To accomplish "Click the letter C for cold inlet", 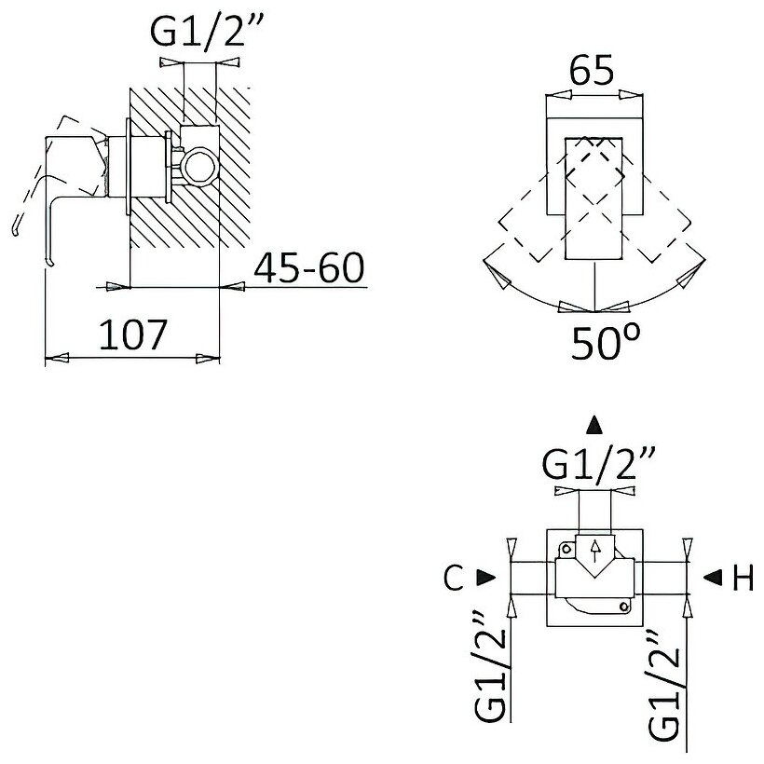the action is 454,579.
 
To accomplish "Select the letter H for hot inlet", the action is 742,579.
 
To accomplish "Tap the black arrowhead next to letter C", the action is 484,578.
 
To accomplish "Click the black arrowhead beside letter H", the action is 711,578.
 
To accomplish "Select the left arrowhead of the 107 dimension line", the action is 58,358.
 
